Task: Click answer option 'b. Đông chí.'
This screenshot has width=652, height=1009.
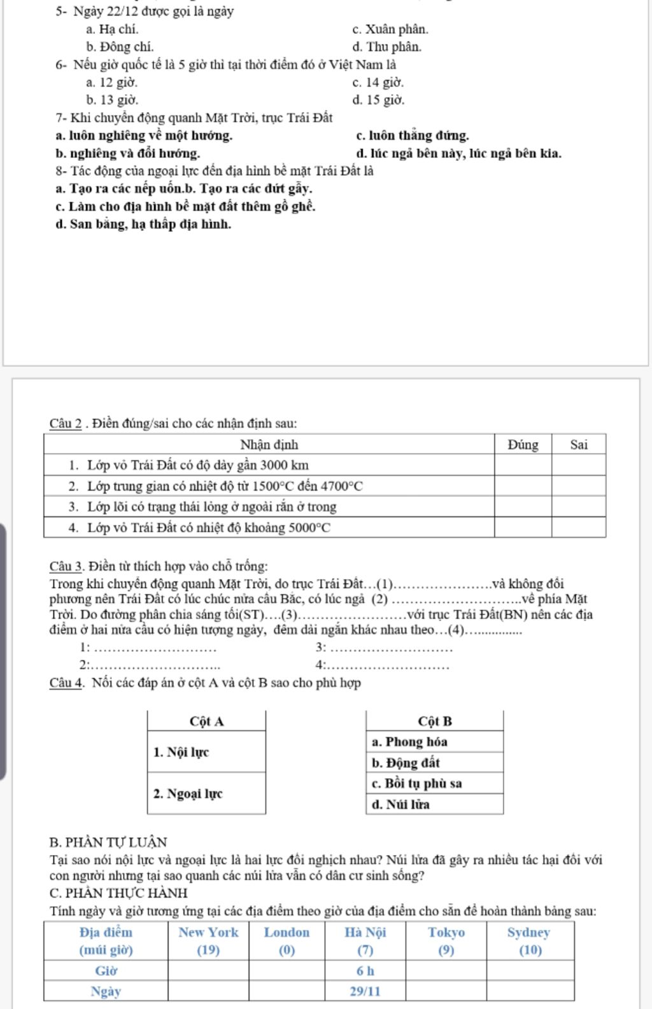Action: click(120, 47)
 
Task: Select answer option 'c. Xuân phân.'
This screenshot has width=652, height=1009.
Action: click(390, 29)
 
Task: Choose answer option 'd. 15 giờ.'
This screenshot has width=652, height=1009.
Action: click(378, 100)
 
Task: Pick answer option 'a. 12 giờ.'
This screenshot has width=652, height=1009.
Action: click(111, 82)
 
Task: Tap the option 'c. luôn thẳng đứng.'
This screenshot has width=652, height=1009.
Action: click(413, 136)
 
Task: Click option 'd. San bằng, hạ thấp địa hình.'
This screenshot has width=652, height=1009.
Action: click(143, 224)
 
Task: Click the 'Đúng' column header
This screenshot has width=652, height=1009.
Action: click(523, 445)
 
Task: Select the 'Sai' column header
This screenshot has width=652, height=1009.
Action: click(578, 445)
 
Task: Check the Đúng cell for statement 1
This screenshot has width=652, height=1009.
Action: click(523, 465)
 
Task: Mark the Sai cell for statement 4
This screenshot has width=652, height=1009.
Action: click(578, 527)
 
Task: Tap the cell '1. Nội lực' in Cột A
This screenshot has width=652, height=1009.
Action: click(206, 752)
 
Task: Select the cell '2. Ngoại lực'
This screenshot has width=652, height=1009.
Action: click(206, 793)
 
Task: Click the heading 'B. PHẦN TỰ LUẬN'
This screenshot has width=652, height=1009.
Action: click(108, 842)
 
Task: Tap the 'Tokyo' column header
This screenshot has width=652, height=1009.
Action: click(446, 933)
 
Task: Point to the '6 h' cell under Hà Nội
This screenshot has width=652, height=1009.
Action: click(365, 971)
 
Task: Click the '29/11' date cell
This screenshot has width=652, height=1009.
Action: click(365, 991)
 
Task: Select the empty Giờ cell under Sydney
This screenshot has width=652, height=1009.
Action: click(529, 971)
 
